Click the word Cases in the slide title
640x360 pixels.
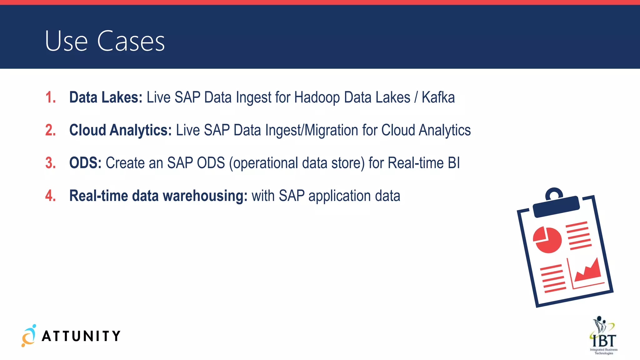point(131,41)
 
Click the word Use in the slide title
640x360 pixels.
point(66,41)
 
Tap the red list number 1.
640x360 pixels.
point(50,97)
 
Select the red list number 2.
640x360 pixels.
point(50,130)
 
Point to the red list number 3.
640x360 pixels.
point(50,163)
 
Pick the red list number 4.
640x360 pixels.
point(50,196)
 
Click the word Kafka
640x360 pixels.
point(438,97)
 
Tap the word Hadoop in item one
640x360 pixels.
point(317,97)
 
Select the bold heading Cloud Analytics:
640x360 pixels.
point(120,130)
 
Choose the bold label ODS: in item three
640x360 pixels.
point(85,163)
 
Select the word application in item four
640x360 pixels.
point(339,196)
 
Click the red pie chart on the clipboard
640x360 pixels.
point(547,240)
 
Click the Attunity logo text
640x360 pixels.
point(81,336)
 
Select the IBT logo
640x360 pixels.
point(603,336)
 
